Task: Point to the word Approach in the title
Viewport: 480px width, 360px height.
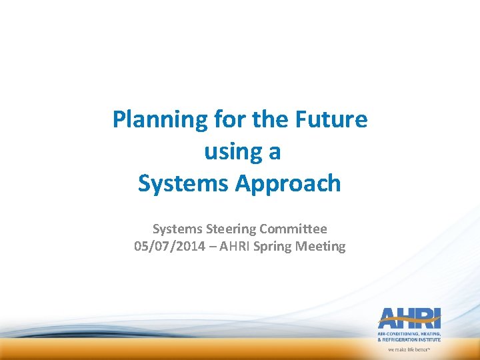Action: tap(289, 184)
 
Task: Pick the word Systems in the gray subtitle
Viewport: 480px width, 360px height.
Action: tap(175, 229)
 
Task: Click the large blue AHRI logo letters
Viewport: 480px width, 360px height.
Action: tap(408, 318)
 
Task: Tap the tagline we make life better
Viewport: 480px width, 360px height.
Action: tap(409, 349)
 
